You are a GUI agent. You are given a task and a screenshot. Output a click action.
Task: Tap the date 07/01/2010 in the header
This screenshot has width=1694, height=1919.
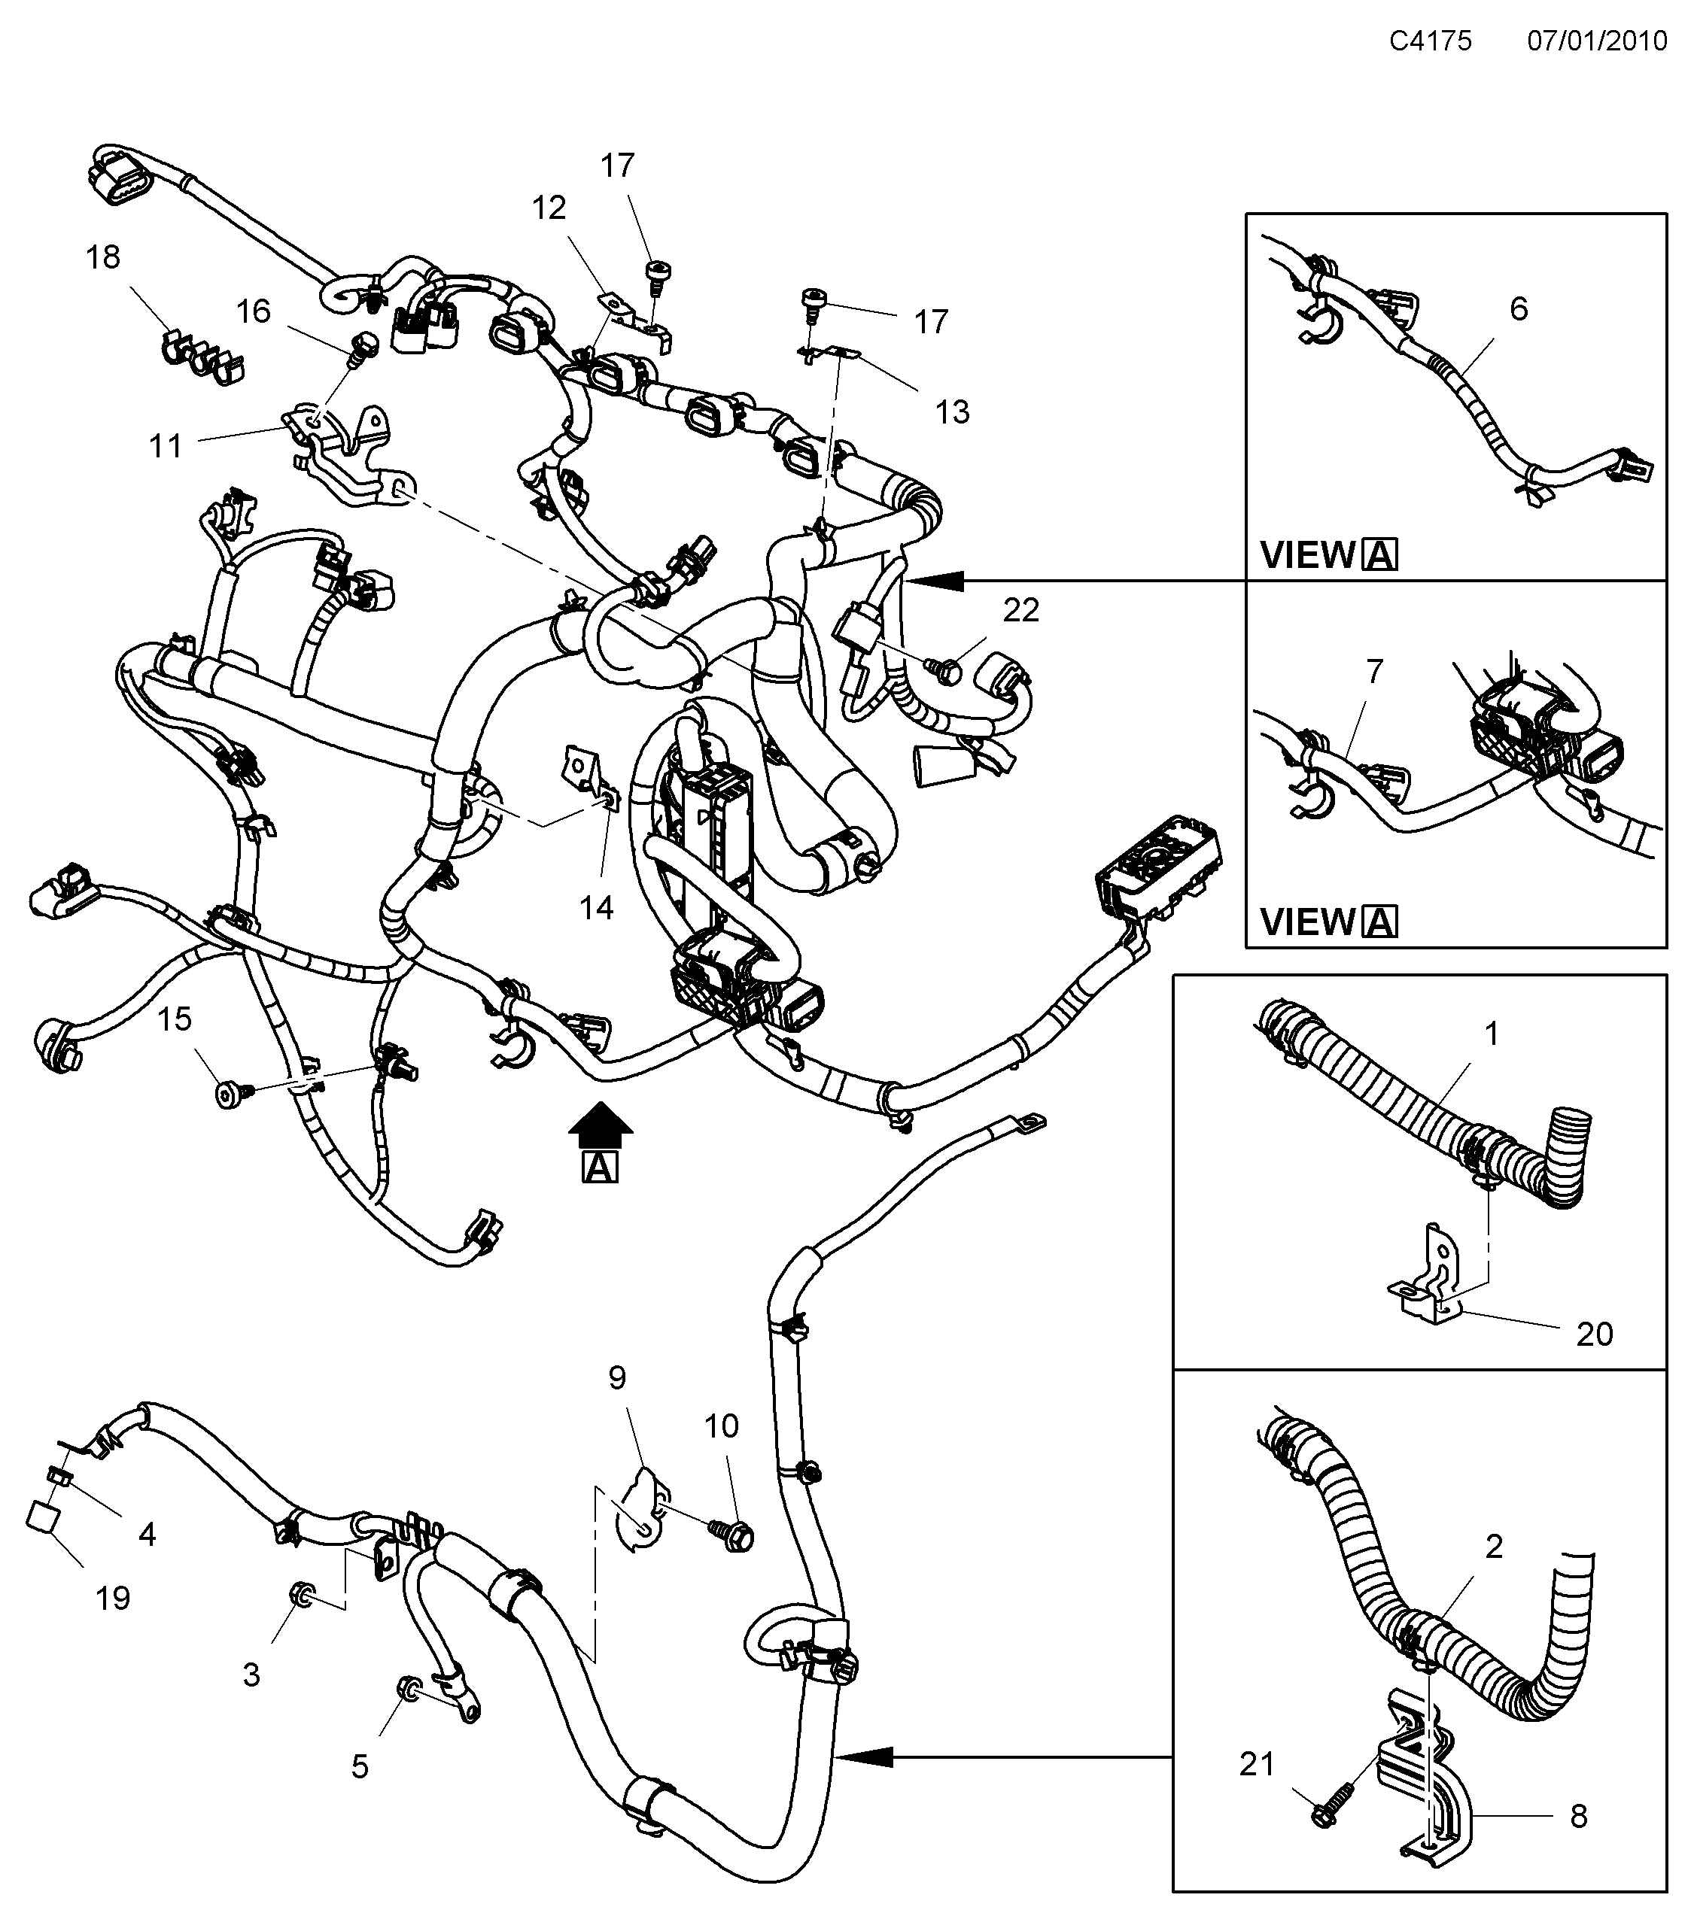[x=1597, y=41]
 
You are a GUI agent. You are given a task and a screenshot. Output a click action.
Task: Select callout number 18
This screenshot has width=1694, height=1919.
[x=103, y=257]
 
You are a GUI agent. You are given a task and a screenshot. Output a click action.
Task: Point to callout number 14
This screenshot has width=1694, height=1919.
[x=596, y=907]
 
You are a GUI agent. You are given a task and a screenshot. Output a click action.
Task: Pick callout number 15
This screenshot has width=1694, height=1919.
[x=175, y=1019]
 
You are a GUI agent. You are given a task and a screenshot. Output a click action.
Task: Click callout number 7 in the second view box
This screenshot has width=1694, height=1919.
[x=1374, y=671]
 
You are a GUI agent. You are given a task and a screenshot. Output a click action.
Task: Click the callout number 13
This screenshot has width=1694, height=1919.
[x=952, y=411]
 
